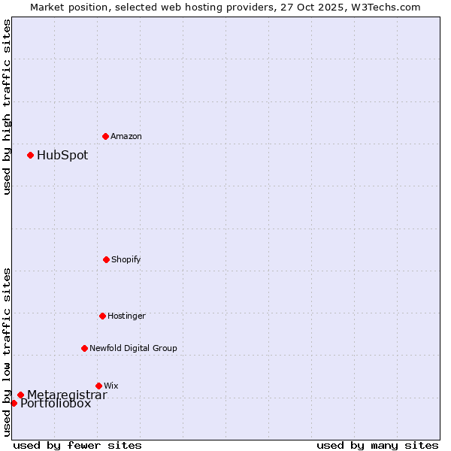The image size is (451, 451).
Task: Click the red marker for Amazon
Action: click(105, 136)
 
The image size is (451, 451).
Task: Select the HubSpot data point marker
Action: click(30, 155)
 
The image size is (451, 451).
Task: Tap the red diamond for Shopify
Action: click(106, 259)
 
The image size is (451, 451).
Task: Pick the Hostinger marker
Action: click(102, 316)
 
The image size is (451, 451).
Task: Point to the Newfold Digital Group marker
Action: click(84, 348)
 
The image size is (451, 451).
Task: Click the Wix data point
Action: click(98, 386)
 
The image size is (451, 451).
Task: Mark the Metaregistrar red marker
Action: click(20, 395)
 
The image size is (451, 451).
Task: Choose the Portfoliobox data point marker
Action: click(14, 403)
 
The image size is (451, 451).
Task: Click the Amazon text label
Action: click(126, 136)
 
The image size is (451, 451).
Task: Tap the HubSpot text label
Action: click(62, 156)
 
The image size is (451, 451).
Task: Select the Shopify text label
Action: click(126, 259)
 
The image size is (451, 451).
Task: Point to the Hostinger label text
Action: click(126, 316)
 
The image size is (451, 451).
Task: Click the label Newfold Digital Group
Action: click(134, 348)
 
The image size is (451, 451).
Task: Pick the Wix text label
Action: click(111, 386)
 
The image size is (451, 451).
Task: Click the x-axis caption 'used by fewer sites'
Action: click(77, 445)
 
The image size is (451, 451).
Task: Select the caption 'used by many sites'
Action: click(377, 445)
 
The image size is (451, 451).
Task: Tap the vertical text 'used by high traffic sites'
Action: click(7, 107)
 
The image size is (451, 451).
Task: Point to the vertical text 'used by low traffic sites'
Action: click(7, 351)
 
